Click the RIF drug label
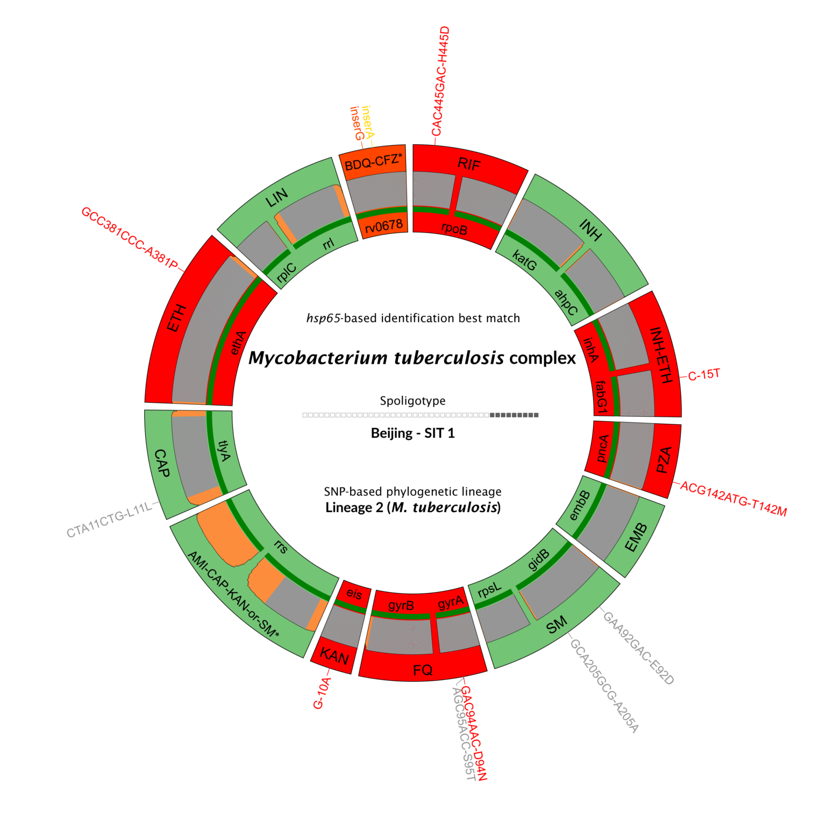[468, 163]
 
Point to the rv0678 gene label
[383, 226]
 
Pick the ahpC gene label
[566, 302]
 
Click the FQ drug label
[423, 670]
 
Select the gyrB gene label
[401, 606]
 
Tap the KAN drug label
[334, 656]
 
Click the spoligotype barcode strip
[420, 415]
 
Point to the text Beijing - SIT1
[413, 433]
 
